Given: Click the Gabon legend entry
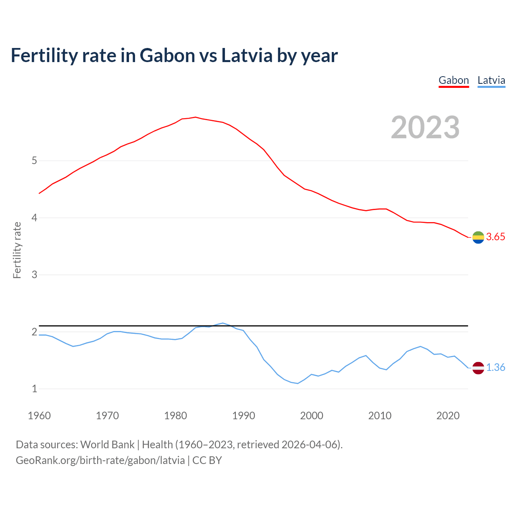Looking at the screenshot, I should [x=454, y=80].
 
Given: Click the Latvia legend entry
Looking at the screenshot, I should [x=491, y=80].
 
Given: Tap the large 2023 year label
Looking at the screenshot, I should [x=425, y=127].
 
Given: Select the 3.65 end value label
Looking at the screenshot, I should [x=495, y=237].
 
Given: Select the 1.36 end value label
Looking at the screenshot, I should [x=495, y=368].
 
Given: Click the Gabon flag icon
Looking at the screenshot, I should [x=478, y=237].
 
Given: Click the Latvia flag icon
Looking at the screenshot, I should [x=478, y=368].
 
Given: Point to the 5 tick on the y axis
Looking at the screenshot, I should [x=34, y=161].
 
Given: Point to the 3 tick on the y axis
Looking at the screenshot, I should [x=34, y=275].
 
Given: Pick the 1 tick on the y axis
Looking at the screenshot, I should [x=34, y=389].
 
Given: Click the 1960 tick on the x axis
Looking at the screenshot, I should [x=39, y=416].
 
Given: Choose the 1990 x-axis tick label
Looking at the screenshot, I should [x=243, y=416].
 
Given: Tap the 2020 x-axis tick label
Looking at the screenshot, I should [x=448, y=416].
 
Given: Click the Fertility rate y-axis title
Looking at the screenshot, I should [x=17, y=250].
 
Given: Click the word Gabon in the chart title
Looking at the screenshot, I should [x=167, y=55].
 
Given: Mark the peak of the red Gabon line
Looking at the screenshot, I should [x=196, y=117].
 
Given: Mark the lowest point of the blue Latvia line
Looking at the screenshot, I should [x=298, y=383].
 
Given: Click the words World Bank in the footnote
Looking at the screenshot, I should [x=107, y=445].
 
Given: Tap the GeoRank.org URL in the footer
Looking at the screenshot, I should [x=100, y=460].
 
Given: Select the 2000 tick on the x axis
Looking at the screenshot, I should [x=312, y=416].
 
